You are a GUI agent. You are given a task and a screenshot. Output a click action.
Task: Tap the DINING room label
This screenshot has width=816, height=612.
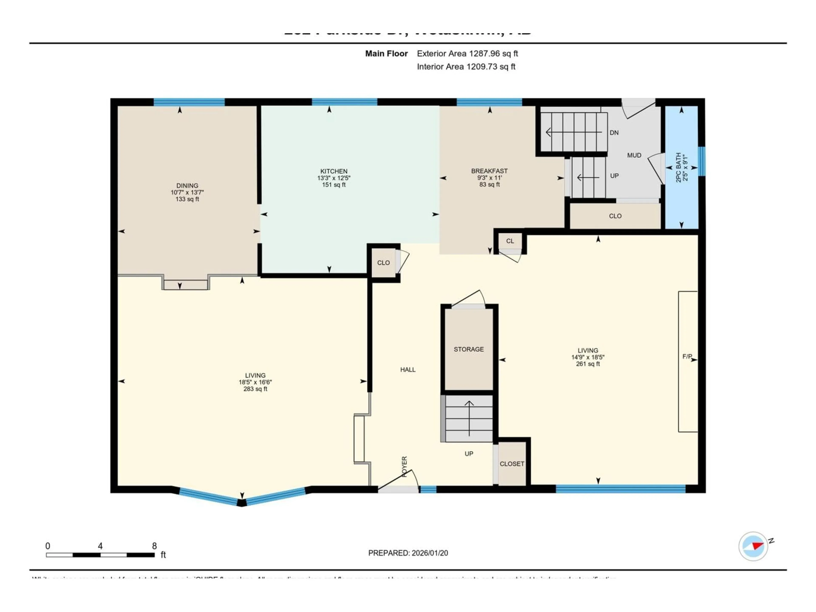187,186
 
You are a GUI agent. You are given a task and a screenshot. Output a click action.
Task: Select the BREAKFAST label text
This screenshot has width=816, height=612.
489,171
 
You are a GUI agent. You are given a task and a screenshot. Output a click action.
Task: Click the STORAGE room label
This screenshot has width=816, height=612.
469,349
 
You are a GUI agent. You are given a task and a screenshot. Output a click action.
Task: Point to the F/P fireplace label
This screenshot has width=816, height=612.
687,356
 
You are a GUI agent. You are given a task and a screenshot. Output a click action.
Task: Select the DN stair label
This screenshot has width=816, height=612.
614,132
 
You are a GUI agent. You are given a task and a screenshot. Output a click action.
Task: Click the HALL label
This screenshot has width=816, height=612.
408,369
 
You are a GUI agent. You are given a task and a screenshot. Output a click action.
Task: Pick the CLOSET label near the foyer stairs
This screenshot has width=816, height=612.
512,464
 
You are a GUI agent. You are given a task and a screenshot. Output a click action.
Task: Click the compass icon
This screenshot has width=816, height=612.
753,546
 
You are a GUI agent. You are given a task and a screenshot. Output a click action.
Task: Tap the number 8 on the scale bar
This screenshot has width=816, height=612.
154,546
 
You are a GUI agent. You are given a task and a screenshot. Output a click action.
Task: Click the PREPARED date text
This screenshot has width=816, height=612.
408,553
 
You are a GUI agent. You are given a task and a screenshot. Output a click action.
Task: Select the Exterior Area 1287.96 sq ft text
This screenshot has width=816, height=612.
467,54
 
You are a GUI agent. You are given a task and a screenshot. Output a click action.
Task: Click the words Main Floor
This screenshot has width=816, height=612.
386,54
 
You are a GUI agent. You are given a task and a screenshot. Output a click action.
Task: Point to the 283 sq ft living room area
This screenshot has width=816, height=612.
255,389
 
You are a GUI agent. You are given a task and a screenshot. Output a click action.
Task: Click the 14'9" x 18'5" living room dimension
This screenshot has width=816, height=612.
588,357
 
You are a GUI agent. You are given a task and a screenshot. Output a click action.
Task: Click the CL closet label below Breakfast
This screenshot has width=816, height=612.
510,241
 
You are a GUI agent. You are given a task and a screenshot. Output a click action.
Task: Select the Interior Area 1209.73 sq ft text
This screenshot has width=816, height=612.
466,67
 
